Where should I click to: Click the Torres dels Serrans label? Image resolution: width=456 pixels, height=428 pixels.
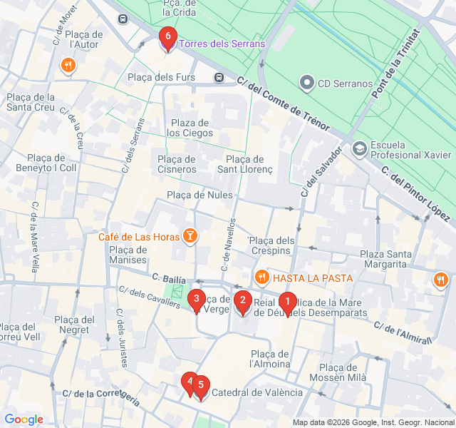click(222, 44)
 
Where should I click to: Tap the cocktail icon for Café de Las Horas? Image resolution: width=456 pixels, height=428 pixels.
click(190, 235)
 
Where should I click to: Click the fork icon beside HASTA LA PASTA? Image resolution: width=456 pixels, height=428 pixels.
click(262, 277)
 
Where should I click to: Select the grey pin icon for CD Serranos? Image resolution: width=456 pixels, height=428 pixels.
click(307, 83)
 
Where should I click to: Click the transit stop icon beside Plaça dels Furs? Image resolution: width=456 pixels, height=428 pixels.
click(218, 77)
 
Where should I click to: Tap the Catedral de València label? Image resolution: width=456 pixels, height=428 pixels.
click(257, 392)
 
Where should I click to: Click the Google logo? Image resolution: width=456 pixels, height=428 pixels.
click(24, 419)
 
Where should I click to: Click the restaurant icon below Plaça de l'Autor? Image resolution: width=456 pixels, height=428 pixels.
click(68, 66)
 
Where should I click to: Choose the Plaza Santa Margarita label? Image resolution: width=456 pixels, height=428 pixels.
click(385, 259)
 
